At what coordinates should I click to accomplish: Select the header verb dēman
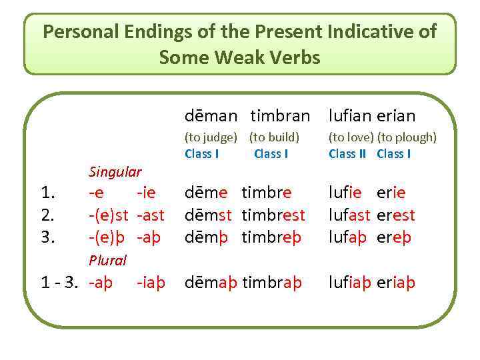click(210, 116)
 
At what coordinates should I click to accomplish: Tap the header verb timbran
click(280, 116)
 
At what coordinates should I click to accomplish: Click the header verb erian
click(396, 116)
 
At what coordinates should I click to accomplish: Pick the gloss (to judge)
click(211, 138)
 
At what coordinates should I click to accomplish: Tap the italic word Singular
click(115, 172)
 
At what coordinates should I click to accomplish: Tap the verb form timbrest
click(273, 215)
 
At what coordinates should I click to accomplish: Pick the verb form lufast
click(349, 215)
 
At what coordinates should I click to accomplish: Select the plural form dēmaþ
click(212, 282)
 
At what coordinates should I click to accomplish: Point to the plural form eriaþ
click(396, 282)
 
